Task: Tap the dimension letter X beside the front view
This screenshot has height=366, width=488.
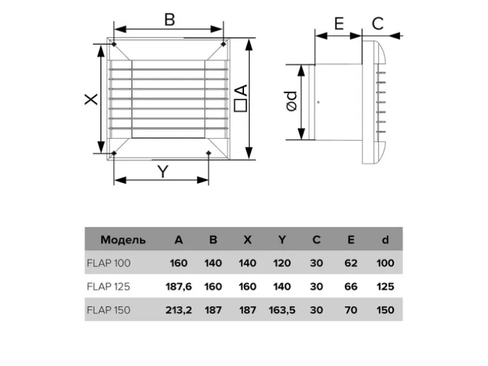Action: [x=91, y=99]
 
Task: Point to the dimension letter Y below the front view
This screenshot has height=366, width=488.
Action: [x=163, y=171]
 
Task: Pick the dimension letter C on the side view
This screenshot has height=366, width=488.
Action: [x=378, y=24]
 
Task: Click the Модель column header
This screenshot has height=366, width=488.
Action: [x=123, y=240]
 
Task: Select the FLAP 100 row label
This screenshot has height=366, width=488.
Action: [x=108, y=263]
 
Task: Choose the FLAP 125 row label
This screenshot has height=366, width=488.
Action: [x=108, y=286]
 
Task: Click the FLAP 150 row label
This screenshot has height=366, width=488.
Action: [x=108, y=310]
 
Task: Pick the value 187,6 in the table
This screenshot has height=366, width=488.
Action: [x=179, y=286]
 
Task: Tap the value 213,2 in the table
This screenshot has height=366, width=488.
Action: [x=179, y=310]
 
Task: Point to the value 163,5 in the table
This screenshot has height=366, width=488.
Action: [x=281, y=310]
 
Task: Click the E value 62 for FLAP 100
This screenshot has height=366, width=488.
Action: [x=350, y=263]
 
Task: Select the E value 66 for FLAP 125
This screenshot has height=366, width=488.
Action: [x=350, y=286]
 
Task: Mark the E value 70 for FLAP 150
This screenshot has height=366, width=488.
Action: [x=350, y=310]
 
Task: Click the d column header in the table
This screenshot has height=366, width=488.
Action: [x=385, y=240]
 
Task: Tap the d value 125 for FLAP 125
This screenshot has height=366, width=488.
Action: [x=385, y=286]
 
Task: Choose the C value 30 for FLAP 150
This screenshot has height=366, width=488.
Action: [x=316, y=310]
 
